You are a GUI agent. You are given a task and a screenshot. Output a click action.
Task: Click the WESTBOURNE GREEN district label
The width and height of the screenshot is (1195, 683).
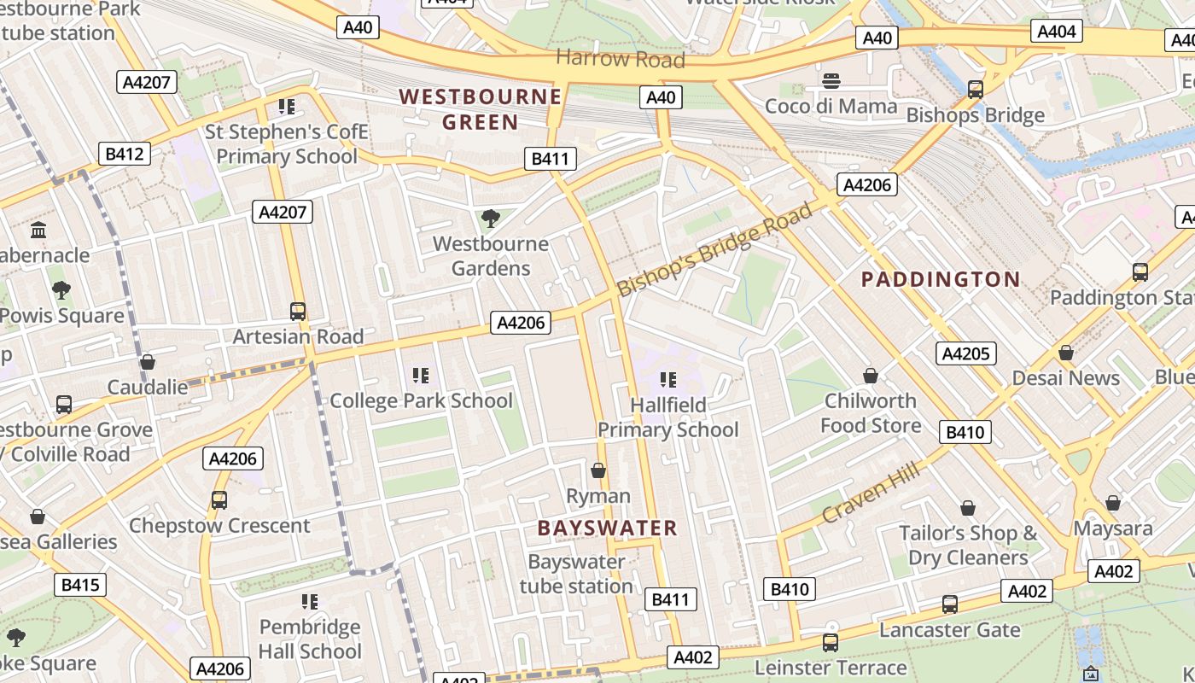[x=481, y=109]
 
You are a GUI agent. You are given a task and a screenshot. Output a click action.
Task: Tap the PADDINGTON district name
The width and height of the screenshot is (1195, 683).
[x=940, y=279]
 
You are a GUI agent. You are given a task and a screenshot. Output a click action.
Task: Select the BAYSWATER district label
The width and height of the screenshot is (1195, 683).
[x=607, y=528]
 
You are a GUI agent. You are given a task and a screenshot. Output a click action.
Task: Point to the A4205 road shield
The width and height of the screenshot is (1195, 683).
[x=966, y=353]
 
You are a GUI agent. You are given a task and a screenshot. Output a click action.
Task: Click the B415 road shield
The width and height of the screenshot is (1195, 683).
[x=80, y=585]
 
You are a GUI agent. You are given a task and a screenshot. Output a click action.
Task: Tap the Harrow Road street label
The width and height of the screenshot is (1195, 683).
[x=620, y=59]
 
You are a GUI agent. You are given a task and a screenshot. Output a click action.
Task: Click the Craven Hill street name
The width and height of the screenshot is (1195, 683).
[x=871, y=492]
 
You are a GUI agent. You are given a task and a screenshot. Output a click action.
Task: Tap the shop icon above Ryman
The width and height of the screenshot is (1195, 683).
[x=598, y=470]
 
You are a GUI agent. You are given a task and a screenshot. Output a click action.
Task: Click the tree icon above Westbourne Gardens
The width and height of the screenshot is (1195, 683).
[x=490, y=219]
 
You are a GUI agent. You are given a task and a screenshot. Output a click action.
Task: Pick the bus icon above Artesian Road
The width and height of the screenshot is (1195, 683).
[x=297, y=312]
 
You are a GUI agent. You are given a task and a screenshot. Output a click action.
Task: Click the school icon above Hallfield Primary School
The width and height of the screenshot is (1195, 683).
[x=667, y=379]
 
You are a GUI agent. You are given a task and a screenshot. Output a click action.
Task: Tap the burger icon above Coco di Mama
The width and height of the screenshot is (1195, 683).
[x=831, y=81]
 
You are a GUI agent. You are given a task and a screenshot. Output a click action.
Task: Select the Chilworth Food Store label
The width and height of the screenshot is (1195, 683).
[x=871, y=413]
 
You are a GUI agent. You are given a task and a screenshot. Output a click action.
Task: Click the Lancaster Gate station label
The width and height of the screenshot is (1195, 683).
[x=949, y=630]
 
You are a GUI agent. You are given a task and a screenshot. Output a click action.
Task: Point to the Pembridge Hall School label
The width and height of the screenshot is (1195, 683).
[x=310, y=639]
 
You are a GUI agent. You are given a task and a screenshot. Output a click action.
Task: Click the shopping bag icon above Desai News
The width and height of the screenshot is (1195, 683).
[x=1065, y=353]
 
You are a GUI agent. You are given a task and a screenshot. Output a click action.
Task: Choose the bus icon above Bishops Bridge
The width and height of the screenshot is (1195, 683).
[x=975, y=89]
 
